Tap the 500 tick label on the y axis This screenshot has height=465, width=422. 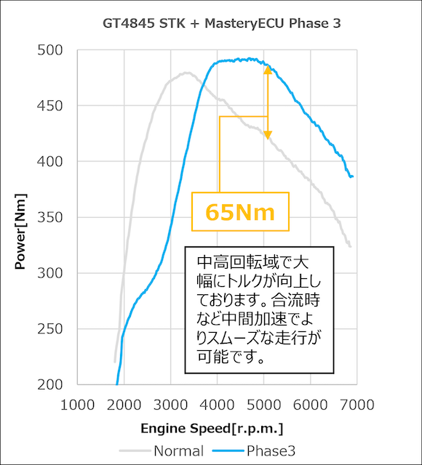pyautogui.click(x=51, y=50)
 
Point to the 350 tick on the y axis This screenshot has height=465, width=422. pyautogui.click(x=51, y=217)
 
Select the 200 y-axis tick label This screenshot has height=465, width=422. pyautogui.click(x=51, y=384)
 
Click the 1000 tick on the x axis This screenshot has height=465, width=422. pyautogui.click(x=77, y=403)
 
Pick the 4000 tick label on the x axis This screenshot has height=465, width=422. pyautogui.click(x=217, y=403)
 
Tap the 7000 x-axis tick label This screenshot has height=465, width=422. pyautogui.click(x=357, y=403)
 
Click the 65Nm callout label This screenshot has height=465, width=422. pyautogui.click(x=240, y=212)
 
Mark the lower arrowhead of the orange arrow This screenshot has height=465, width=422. pyautogui.click(x=267, y=135)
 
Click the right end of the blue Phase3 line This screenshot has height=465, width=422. pyautogui.click(x=352, y=177)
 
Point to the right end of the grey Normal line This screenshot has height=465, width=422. pyautogui.click(x=351, y=247)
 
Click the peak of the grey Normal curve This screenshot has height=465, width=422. pyautogui.click(x=187, y=73)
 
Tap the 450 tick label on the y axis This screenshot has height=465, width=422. pyautogui.click(x=51, y=106)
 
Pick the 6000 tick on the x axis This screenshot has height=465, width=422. pyautogui.click(x=310, y=403)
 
